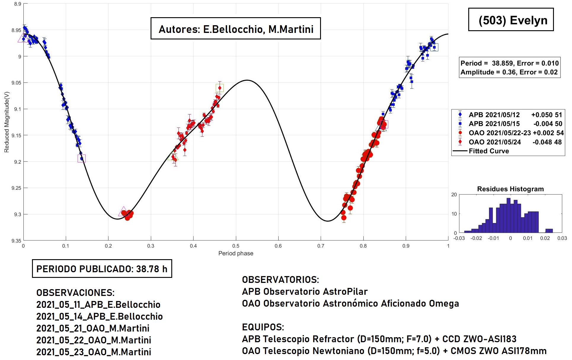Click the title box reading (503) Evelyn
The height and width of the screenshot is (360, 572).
pyautogui.click(x=511, y=20)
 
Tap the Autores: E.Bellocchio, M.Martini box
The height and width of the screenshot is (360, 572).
pyautogui.click(x=236, y=29)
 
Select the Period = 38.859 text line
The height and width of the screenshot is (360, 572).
pyautogui.click(x=509, y=63)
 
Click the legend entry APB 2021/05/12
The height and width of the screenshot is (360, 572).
pyautogui.click(x=494, y=115)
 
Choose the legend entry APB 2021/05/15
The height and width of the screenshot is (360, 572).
pyautogui.click(x=494, y=124)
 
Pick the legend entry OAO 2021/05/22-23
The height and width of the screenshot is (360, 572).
pyautogui.click(x=499, y=133)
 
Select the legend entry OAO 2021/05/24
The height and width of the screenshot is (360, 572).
pyautogui.click(x=495, y=142)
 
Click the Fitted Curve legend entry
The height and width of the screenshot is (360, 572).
pyautogui.click(x=489, y=151)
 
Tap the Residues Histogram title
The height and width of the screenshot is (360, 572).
pyautogui.click(x=510, y=189)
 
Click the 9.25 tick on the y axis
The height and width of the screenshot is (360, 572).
pyautogui.click(x=16, y=188)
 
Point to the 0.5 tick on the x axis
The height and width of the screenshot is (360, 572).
pyautogui.click(x=236, y=246)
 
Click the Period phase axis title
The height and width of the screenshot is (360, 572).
pyautogui.click(x=236, y=253)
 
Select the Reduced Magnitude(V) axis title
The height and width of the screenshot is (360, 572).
pyautogui.click(x=7, y=122)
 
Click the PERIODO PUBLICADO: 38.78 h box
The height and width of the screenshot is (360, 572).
pyautogui.click(x=102, y=269)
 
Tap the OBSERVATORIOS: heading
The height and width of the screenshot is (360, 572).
pyautogui.click(x=280, y=280)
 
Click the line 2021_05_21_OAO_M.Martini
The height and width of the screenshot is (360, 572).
pyautogui.click(x=93, y=328)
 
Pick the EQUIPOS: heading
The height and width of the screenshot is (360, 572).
pyautogui.click(x=263, y=327)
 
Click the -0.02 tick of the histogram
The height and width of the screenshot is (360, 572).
pyautogui.click(x=476, y=238)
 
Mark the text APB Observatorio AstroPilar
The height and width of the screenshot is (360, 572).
pyautogui.click(x=305, y=291)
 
